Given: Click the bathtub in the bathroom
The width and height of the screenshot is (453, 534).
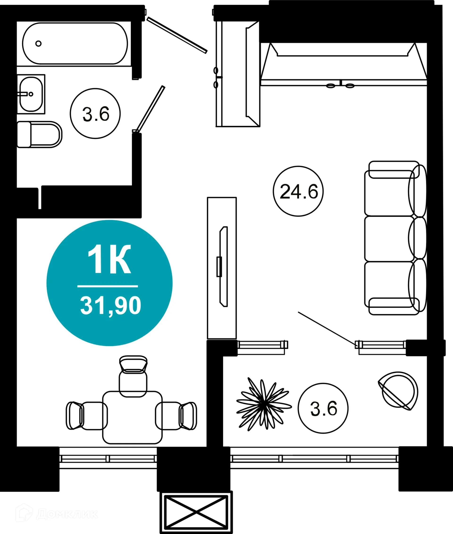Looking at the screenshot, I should (75, 43).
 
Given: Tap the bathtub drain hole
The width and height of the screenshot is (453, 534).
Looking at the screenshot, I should (38, 43).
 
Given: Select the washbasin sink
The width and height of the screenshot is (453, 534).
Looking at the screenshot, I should (31, 94).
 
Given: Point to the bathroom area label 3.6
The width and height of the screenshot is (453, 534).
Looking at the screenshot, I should (96, 114).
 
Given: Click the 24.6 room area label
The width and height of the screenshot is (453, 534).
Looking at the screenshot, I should (298, 192).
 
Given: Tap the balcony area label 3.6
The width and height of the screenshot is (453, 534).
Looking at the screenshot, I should (323, 409).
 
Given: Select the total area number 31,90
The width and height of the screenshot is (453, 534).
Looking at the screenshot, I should (110, 305).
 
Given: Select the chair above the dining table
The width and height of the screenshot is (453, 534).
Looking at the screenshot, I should (133, 377).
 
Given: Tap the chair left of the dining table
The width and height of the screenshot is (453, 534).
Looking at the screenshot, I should (87, 415).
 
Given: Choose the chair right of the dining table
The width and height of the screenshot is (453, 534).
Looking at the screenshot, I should (176, 416).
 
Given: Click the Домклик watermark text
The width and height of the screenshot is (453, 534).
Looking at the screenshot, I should (67, 514).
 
